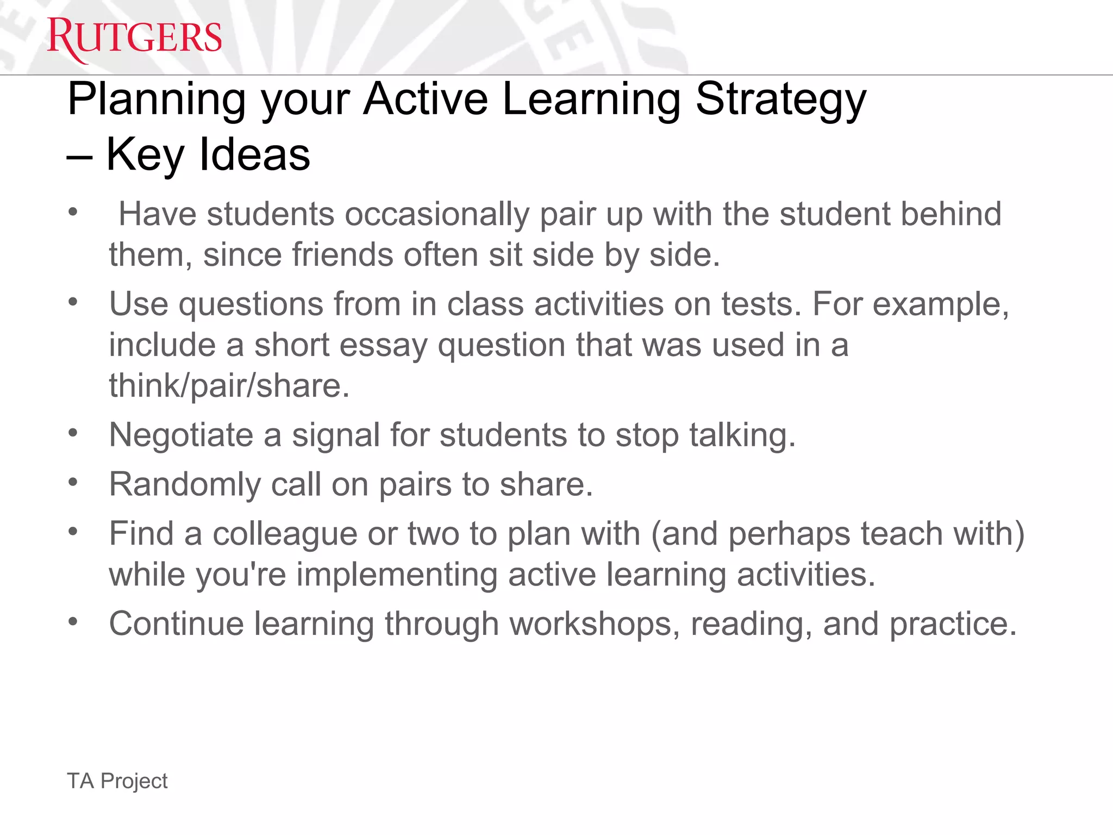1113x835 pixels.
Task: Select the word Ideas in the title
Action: tap(254, 155)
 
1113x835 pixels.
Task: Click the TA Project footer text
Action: tap(117, 781)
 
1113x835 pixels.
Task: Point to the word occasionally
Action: tap(437, 214)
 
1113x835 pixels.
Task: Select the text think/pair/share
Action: tap(229, 386)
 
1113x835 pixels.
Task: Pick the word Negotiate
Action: tap(182, 435)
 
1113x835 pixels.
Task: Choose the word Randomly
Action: tap(185, 484)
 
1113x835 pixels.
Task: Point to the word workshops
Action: tap(595, 624)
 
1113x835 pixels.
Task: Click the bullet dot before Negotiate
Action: tap(73, 433)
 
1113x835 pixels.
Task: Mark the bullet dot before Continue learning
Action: tap(73, 621)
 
